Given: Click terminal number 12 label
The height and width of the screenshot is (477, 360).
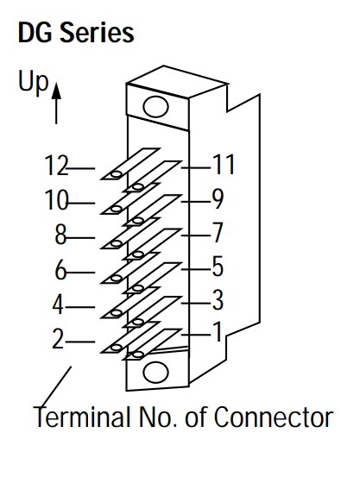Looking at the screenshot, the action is point(56,166).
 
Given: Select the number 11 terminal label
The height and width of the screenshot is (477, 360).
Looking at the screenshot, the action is point(224,164).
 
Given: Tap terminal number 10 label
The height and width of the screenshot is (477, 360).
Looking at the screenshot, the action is point(56,200).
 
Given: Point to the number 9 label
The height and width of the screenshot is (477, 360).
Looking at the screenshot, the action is point(218,198).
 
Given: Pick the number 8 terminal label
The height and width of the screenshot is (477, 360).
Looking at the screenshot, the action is point(60,235).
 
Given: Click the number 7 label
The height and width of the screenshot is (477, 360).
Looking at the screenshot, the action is point(218,233).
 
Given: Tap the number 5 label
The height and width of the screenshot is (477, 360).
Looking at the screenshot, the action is point(218,267).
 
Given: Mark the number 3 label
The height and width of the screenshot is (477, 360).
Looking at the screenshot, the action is point(218,300).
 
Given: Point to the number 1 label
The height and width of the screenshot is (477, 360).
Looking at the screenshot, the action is point(218,331).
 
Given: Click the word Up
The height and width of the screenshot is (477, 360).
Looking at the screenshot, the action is point(33,82).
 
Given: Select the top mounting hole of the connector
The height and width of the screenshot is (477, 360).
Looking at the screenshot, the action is point(155,107).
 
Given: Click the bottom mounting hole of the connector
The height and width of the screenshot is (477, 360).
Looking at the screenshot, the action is point(155,373).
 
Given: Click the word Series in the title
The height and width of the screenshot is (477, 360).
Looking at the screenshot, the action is point(97,32).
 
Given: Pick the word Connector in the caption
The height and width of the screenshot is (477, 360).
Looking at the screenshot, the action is point(274,417).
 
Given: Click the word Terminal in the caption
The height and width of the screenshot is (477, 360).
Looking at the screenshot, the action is point(82,417).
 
